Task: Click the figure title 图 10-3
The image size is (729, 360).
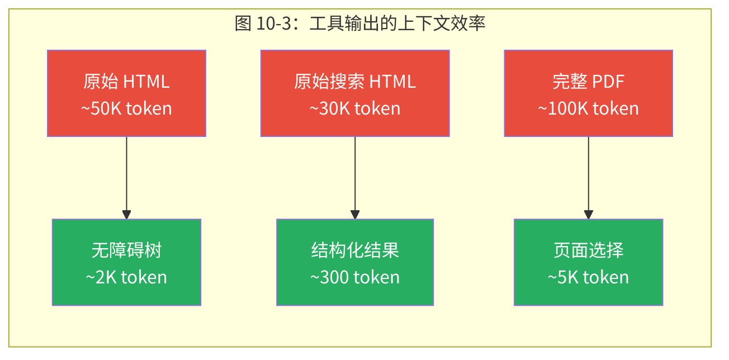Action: click(360, 23)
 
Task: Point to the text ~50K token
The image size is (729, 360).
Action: click(126, 108)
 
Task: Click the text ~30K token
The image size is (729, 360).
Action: click(355, 108)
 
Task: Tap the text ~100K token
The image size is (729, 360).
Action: click(588, 108)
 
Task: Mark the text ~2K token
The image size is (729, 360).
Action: click(126, 277)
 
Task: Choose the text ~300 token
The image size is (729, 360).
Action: click(355, 277)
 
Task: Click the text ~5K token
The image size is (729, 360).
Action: click(588, 277)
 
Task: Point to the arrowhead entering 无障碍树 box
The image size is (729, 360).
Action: click(126, 215)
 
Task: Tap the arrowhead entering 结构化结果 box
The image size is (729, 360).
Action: click(355, 215)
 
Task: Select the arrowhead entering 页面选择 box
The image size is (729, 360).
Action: click(588, 215)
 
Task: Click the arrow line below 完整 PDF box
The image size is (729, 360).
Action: click(588, 173)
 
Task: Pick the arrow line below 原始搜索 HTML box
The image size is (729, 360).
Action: click(355, 173)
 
